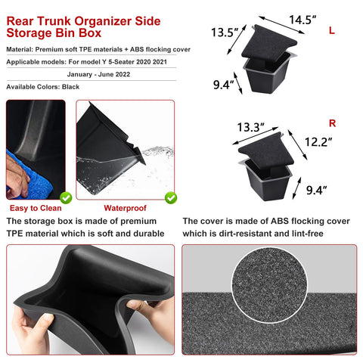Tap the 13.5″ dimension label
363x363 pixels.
click(225, 33)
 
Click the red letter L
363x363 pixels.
click(332, 30)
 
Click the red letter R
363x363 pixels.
click(334, 122)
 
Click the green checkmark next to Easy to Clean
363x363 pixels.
click(66, 197)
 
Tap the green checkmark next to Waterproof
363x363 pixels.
click(171, 197)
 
